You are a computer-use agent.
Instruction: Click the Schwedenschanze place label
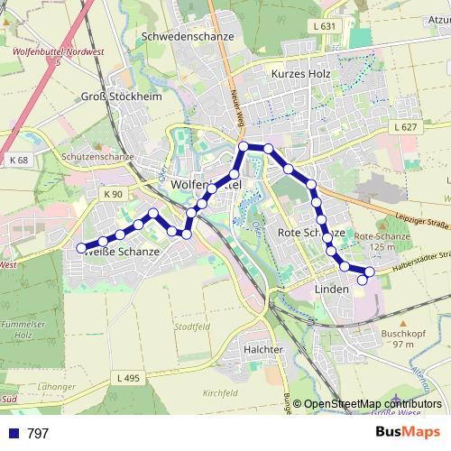pos(188,37)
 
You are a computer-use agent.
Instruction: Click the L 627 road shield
pos(407,128)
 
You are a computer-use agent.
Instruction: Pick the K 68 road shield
pos(19,161)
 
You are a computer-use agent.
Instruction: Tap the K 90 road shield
pos(112,194)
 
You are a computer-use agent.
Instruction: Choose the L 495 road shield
pos(128,378)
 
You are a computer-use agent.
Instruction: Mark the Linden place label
pos(332,289)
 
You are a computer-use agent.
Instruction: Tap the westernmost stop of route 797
pos(81,248)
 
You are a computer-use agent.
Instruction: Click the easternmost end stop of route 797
pos(364,280)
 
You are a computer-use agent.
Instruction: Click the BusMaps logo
pos(408,432)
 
